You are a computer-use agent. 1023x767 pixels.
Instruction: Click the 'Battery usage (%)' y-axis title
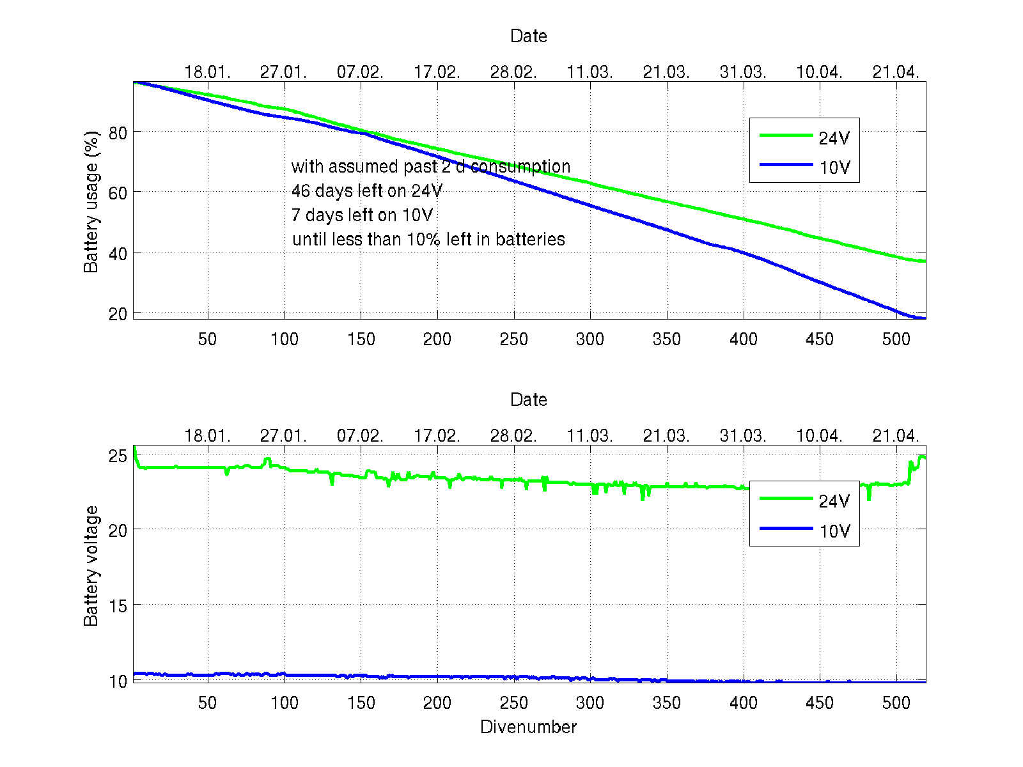91,202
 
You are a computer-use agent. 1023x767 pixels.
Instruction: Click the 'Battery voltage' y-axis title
91,566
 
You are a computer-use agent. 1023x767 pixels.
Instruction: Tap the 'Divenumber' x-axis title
528,727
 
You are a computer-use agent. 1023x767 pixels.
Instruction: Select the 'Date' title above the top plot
528,36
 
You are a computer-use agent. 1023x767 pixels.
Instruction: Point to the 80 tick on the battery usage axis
118,132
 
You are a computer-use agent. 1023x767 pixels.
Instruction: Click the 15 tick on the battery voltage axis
118,605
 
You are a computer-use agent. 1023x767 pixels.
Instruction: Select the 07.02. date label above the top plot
360,72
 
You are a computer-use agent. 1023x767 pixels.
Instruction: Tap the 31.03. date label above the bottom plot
742,436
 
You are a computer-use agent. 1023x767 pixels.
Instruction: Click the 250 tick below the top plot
513,339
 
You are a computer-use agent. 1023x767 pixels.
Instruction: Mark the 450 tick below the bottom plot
819,703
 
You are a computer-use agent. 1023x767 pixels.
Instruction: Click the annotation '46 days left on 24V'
366,190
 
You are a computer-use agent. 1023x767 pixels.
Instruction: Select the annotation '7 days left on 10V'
362,215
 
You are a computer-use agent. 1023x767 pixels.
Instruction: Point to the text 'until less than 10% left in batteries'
428,239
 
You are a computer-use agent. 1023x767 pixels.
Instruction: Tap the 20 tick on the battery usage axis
118,314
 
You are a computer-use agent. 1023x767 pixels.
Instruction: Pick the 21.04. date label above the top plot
895,72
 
